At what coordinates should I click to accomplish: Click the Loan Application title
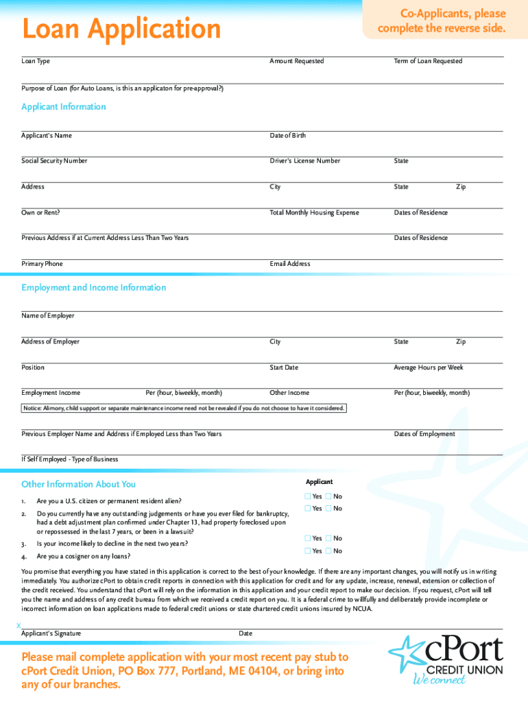point(121,29)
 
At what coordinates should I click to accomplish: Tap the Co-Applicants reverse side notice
point(441,21)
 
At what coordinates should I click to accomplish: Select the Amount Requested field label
point(296,61)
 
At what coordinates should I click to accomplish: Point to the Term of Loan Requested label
point(428,61)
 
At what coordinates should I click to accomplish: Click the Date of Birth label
point(288,136)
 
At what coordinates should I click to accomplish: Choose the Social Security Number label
point(54,161)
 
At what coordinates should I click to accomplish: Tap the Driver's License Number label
point(304,161)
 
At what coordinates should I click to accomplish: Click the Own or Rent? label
point(40,213)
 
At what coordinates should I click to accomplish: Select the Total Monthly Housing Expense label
point(314,213)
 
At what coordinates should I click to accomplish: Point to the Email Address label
point(290,264)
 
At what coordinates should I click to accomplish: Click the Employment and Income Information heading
point(93,288)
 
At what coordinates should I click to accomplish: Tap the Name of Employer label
point(48,316)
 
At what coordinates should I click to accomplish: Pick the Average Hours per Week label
point(428,367)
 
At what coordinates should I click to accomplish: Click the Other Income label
point(289,393)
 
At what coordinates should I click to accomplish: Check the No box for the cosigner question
point(328,551)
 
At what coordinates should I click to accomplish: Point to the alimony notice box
point(184,409)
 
